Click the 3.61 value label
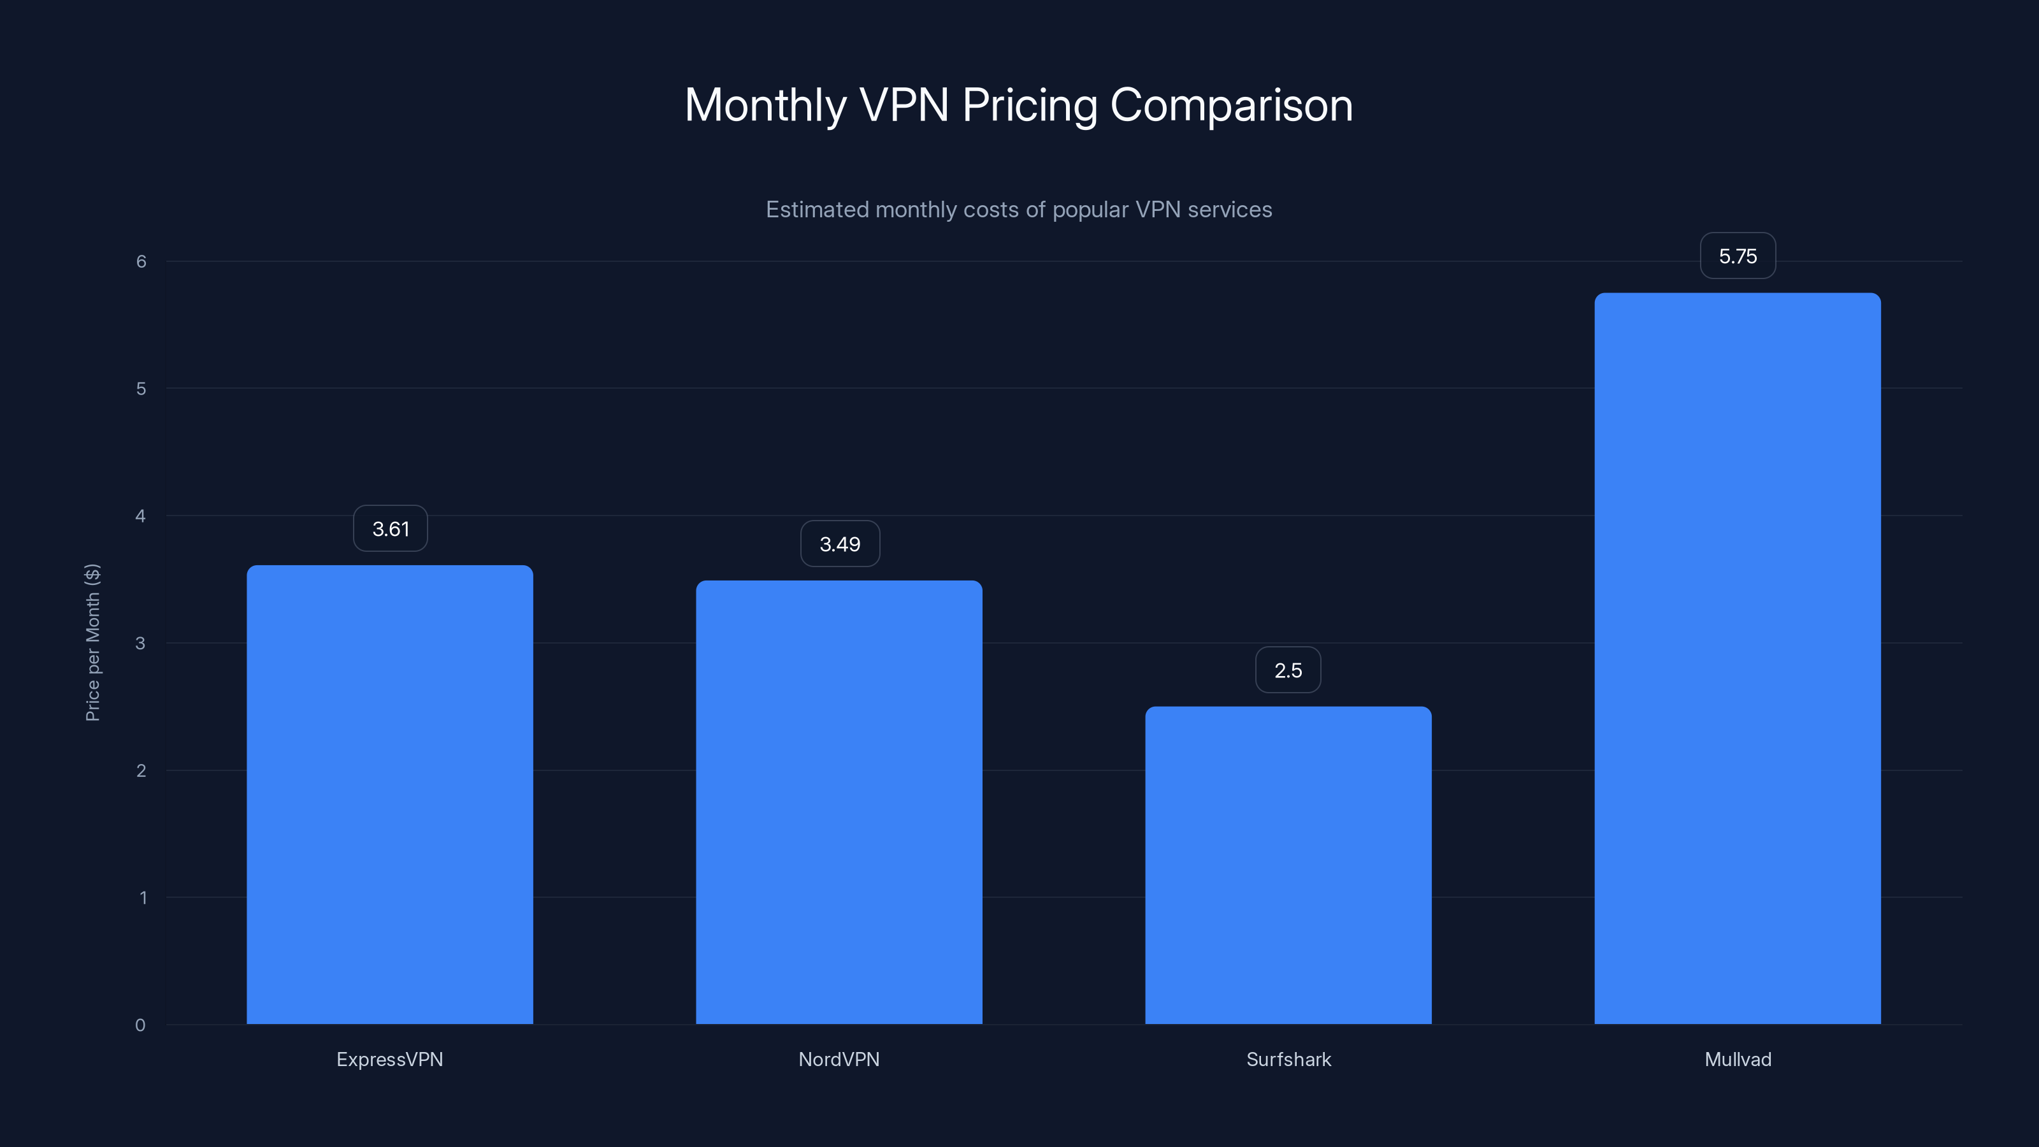(x=390, y=529)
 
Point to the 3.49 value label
(x=840, y=544)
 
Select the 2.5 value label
(x=1288, y=670)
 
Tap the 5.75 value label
(x=1738, y=256)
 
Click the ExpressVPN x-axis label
(x=389, y=1059)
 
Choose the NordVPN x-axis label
(x=839, y=1059)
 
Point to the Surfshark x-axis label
(x=1288, y=1059)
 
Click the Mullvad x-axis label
(x=1738, y=1059)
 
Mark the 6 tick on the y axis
(x=141, y=261)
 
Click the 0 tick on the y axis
(x=140, y=1025)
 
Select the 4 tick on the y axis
(x=141, y=516)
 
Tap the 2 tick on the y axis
(x=141, y=770)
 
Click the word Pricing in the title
(x=1029, y=106)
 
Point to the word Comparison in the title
(x=1232, y=105)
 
